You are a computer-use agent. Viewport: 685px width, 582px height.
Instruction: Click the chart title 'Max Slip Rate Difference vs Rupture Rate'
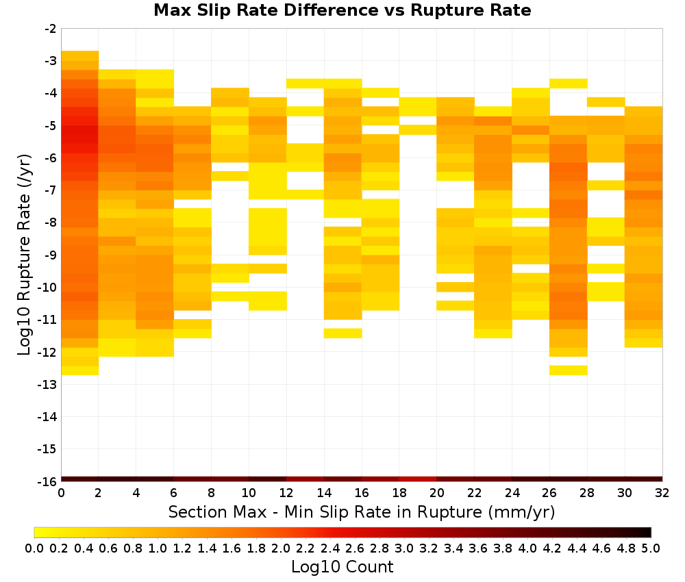tap(342, 10)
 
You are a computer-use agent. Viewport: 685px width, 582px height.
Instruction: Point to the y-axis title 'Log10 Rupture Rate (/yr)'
tap(24, 255)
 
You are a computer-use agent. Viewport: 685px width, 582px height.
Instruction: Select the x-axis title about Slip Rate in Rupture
tap(361, 511)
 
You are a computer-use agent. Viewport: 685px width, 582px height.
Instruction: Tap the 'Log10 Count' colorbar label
tap(342, 567)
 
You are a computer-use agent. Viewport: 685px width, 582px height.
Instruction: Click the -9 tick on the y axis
tap(50, 255)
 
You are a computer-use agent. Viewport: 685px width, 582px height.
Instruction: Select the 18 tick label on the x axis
tap(399, 493)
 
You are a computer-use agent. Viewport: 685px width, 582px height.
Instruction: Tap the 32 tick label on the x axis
tap(662, 493)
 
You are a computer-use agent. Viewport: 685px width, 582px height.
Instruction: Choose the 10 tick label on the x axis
tap(249, 493)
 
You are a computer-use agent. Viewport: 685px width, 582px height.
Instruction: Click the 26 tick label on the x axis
tap(549, 493)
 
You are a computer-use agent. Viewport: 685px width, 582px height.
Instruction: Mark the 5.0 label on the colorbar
tap(651, 548)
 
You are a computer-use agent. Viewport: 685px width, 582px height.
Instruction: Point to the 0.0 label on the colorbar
tap(34, 548)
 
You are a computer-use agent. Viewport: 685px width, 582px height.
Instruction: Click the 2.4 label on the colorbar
tap(330, 548)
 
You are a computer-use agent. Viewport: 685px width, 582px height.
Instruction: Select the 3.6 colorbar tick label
tap(478, 548)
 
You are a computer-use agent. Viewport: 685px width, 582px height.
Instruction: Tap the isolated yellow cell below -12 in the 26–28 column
tap(569, 370)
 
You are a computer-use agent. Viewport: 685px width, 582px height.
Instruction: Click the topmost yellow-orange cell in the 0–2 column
tap(80, 55)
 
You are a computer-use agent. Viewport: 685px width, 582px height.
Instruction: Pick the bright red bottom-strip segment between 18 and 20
tap(418, 479)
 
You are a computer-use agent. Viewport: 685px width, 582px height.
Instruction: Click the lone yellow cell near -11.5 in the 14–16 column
tap(343, 333)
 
